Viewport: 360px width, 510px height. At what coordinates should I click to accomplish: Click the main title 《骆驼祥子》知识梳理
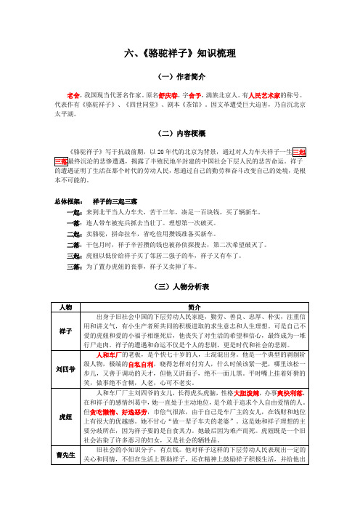click(x=180, y=54)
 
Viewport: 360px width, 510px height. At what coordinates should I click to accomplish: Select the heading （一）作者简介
click(x=180, y=76)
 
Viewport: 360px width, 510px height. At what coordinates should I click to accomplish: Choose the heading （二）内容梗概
click(x=180, y=134)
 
